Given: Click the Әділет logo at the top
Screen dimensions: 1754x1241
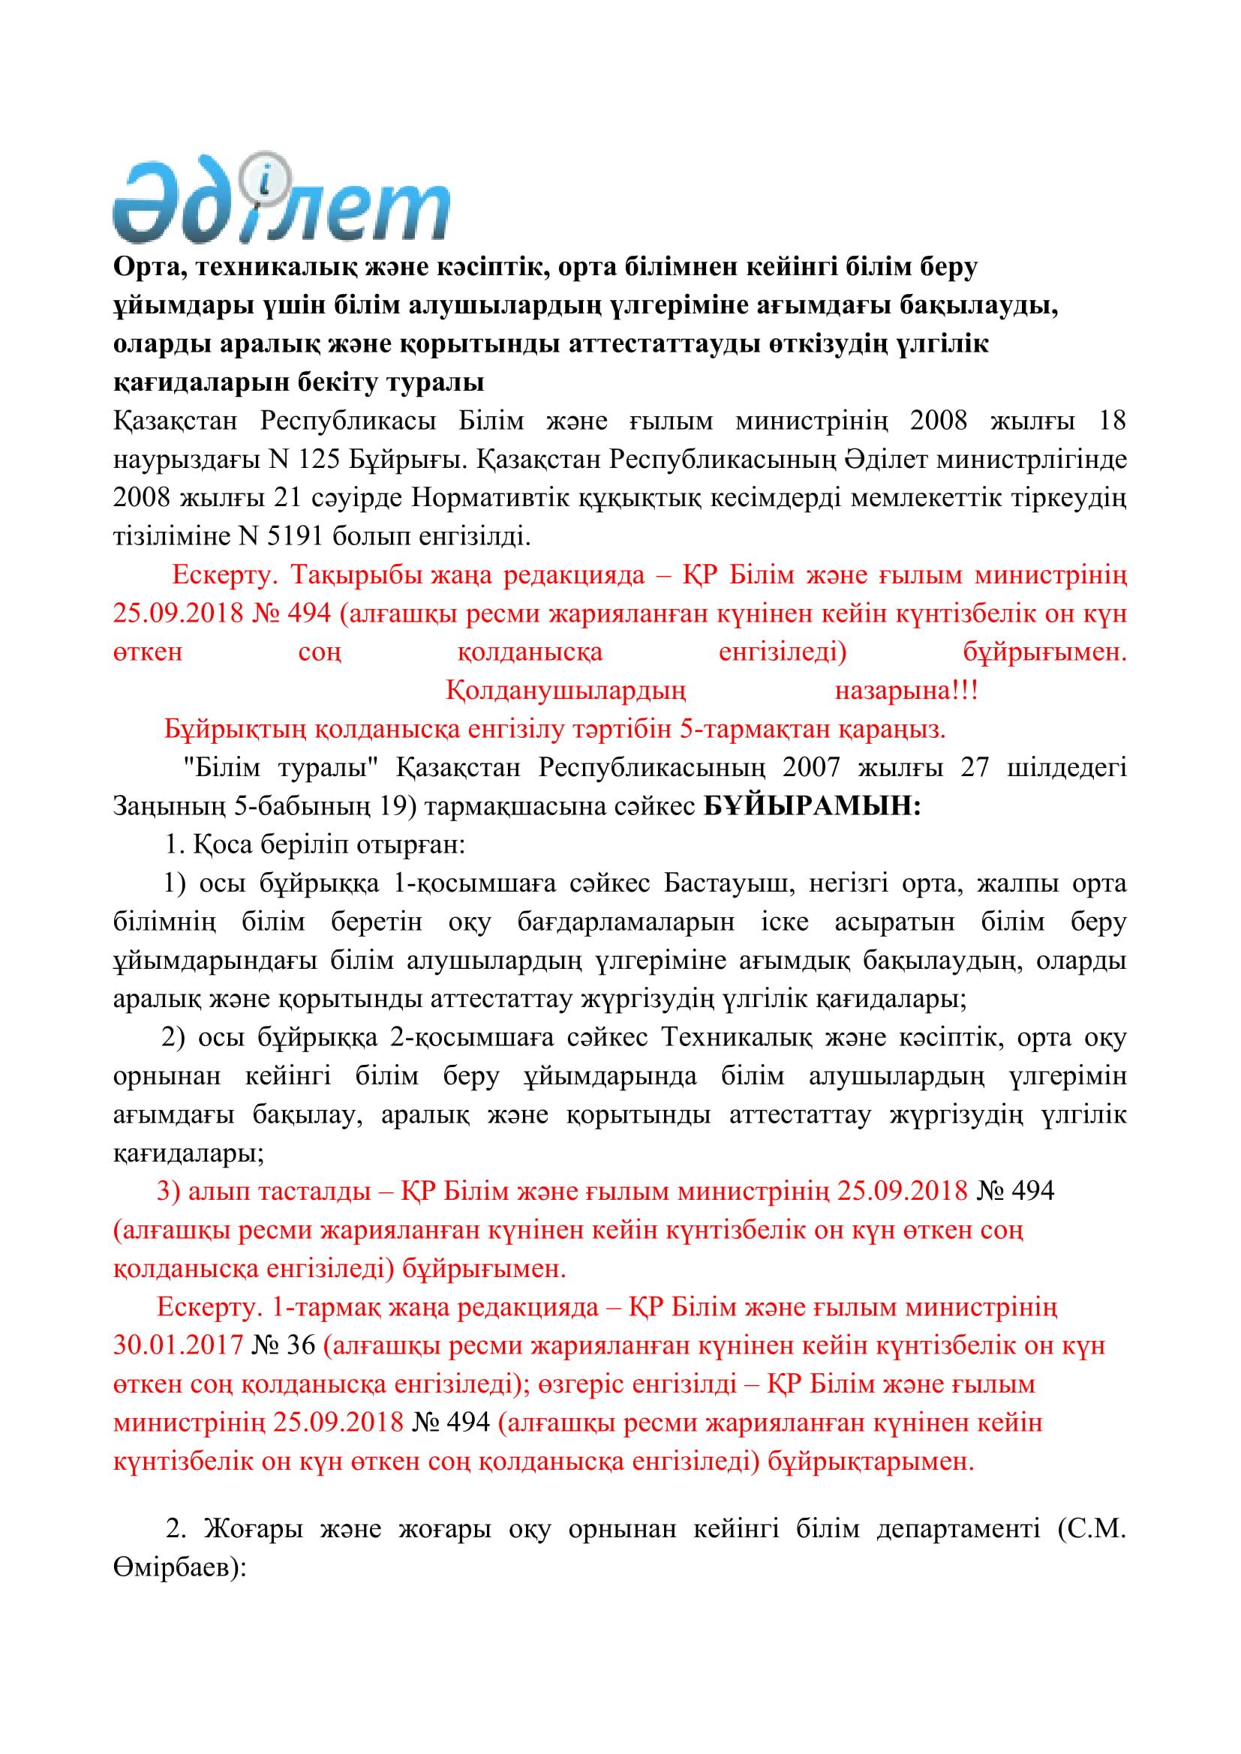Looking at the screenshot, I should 281,200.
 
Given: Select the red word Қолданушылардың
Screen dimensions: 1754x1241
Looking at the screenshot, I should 566,691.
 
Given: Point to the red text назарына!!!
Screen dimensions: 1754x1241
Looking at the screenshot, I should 906,691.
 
